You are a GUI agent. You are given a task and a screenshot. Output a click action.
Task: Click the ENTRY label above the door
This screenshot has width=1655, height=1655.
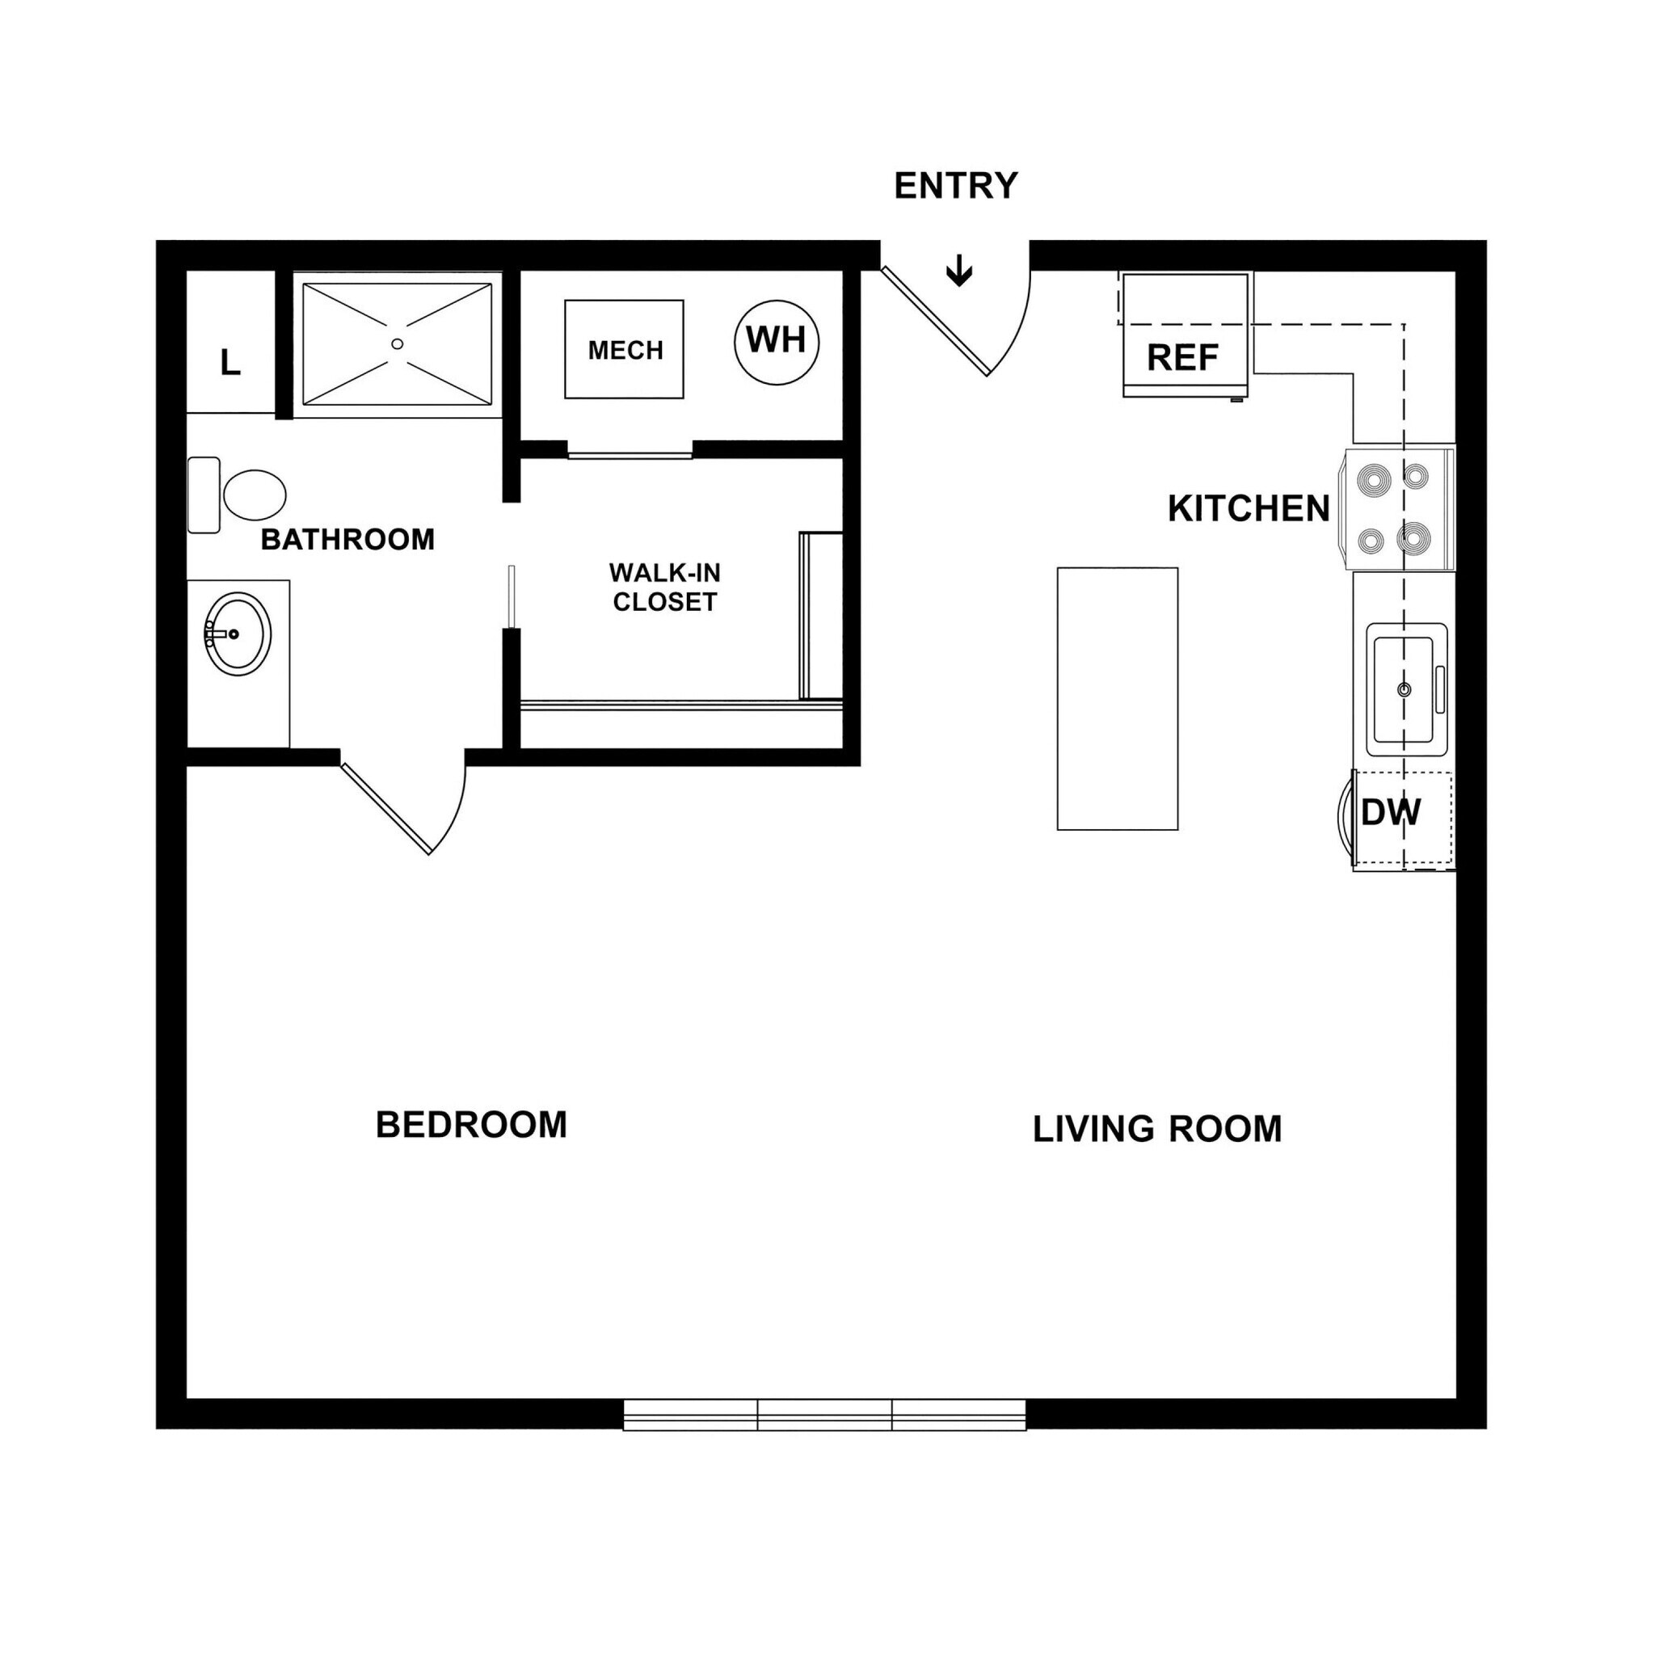(x=955, y=186)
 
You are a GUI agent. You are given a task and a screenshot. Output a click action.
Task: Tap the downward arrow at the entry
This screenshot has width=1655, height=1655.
(x=958, y=272)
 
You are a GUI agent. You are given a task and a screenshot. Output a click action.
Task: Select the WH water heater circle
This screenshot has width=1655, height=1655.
(x=776, y=342)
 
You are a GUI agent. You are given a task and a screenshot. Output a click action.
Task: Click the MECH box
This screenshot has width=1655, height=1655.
(x=625, y=349)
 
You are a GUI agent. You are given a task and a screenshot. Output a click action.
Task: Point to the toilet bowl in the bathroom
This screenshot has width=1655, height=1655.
(x=255, y=495)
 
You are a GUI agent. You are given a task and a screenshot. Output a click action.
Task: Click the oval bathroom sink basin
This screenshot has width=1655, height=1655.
(x=238, y=634)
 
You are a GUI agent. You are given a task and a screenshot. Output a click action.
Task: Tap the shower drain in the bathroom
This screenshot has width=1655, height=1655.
(x=397, y=344)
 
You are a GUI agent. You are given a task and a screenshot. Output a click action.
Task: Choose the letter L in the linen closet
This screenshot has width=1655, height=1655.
(x=230, y=363)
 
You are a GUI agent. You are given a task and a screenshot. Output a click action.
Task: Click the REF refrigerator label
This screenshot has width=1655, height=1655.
(x=1182, y=358)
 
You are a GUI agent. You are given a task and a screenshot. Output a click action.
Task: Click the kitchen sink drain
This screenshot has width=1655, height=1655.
(x=1403, y=689)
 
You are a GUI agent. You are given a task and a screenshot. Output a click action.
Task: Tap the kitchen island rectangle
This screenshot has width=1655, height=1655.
(x=1117, y=698)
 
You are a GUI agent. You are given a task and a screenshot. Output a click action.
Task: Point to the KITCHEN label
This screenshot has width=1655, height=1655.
(x=1248, y=509)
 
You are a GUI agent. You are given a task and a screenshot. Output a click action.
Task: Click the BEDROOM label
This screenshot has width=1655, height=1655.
(x=471, y=1125)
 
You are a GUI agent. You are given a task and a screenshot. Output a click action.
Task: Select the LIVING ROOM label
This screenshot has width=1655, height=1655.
(x=1156, y=1129)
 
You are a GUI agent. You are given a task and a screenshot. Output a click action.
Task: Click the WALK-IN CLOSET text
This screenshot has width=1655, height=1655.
(x=665, y=587)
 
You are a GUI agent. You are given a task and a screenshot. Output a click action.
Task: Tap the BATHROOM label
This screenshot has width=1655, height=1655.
(x=347, y=540)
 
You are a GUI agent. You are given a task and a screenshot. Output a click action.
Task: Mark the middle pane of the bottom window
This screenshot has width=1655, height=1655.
(x=824, y=1414)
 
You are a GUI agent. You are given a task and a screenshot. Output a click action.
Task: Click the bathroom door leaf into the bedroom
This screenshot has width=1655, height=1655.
(x=385, y=808)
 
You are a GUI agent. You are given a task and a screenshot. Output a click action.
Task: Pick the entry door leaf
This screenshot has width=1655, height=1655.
(x=936, y=322)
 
